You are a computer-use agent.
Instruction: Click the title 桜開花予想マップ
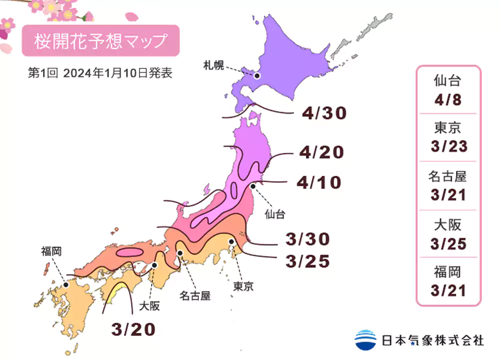click(x=100, y=41)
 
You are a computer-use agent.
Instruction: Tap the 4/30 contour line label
click(x=323, y=113)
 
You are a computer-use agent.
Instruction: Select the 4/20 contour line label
click(x=321, y=152)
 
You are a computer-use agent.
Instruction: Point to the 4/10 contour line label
click(x=318, y=182)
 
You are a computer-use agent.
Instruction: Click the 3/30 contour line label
click(x=307, y=239)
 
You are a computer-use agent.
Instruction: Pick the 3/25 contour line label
click(x=307, y=260)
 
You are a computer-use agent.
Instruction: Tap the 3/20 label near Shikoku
click(x=133, y=328)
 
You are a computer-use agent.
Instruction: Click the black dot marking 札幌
click(x=257, y=76)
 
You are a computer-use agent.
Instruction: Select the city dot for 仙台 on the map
click(x=253, y=186)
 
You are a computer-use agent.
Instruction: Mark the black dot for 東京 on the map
click(x=231, y=242)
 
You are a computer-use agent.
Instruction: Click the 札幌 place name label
click(x=213, y=64)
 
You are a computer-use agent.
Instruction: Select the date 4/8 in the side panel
click(x=448, y=99)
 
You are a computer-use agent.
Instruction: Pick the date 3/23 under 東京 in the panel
click(x=448, y=146)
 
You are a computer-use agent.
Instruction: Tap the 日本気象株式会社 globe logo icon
click(x=365, y=340)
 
